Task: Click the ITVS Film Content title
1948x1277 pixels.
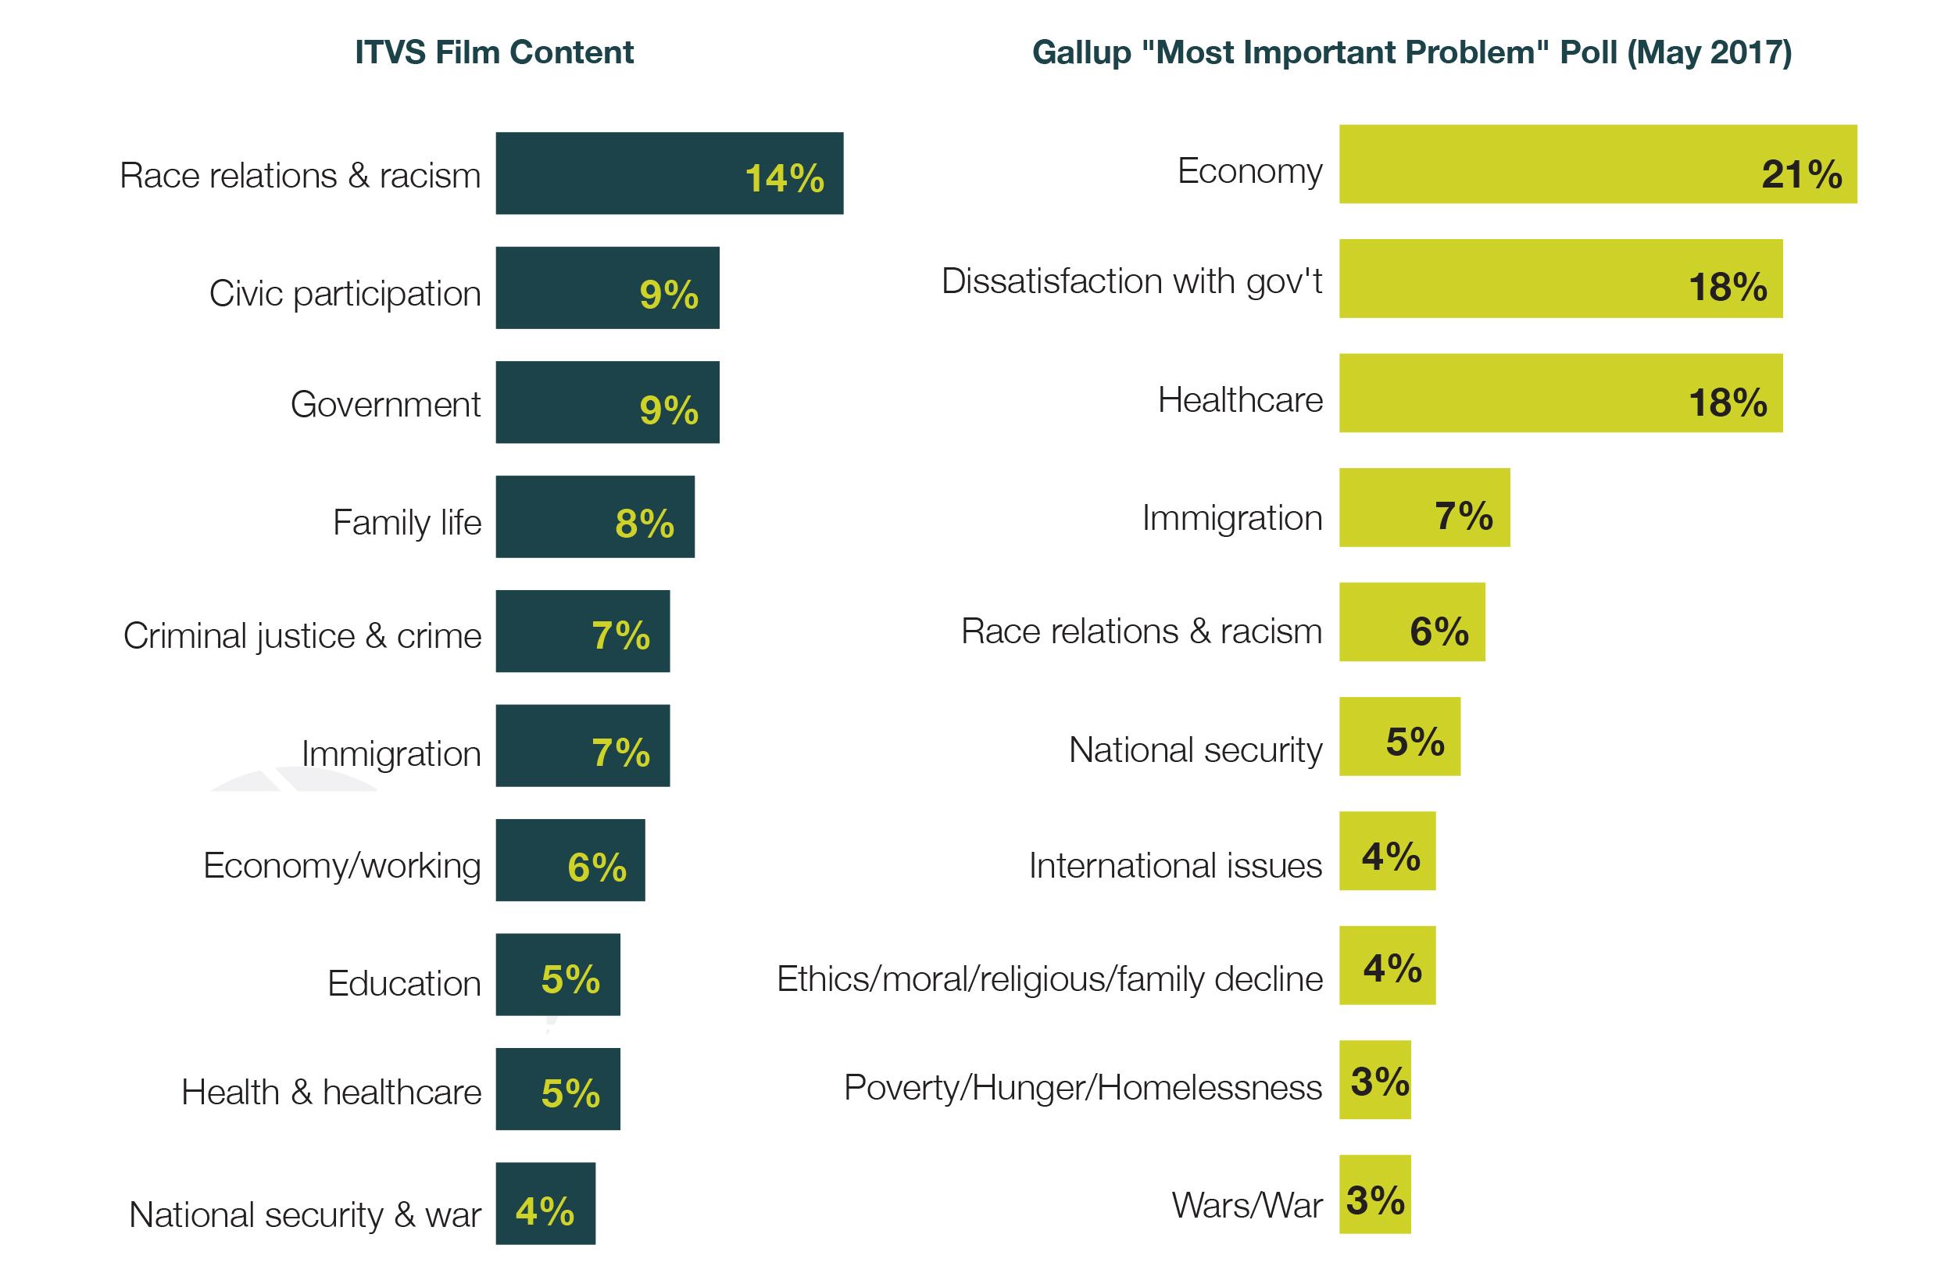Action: pyautogui.click(x=494, y=52)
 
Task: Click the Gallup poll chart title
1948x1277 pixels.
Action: pyautogui.click(x=1411, y=52)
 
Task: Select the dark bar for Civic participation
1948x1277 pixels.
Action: pyautogui.click(x=606, y=288)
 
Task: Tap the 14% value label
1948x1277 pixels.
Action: pyautogui.click(x=784, y=178)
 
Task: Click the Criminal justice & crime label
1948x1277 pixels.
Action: pyautogui.click(x=302, y=636)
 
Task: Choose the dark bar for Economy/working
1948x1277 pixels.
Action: pyautogui.click(x=570, y=860)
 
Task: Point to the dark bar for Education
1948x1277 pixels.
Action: pyautogui.click(x=557, y=974)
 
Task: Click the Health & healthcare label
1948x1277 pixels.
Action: pyautogui.click(x=331, y=1092)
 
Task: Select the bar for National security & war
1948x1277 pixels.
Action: pyautogui.click(x=545, y=1204)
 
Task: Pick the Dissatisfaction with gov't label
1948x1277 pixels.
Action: pyautogui.click(x=1131, y=281)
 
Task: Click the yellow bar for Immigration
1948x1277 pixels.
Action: pyautogui.click(x=1424, y=507)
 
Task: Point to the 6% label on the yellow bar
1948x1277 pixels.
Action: pyautogui.click(x=1439, y=631)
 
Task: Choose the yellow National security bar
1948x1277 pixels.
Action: pyautogui.click(x=1399, y=736)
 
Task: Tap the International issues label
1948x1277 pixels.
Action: pyautogui.click(x=1174, y=865)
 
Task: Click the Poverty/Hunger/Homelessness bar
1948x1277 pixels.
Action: pyautogui.click(x=1374, y=1080)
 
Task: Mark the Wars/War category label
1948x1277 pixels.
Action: pyautogui.click(x=1246, y=1205)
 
